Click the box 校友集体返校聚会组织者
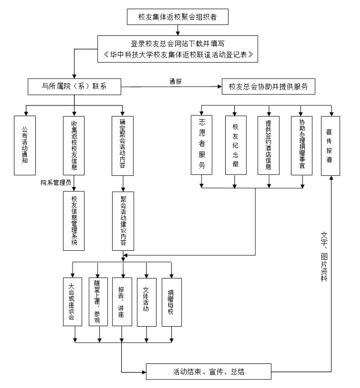pos(180,17)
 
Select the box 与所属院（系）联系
pos(74,87)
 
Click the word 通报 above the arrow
pos(177,82)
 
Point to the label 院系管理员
pos(54,182)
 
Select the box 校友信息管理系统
pos(74,220)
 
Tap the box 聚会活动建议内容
pos(123,220)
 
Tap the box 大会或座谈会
pos(74,302)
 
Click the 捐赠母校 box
pos(171,302)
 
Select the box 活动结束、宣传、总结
pos(208,372)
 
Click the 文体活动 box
pos(146,302)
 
